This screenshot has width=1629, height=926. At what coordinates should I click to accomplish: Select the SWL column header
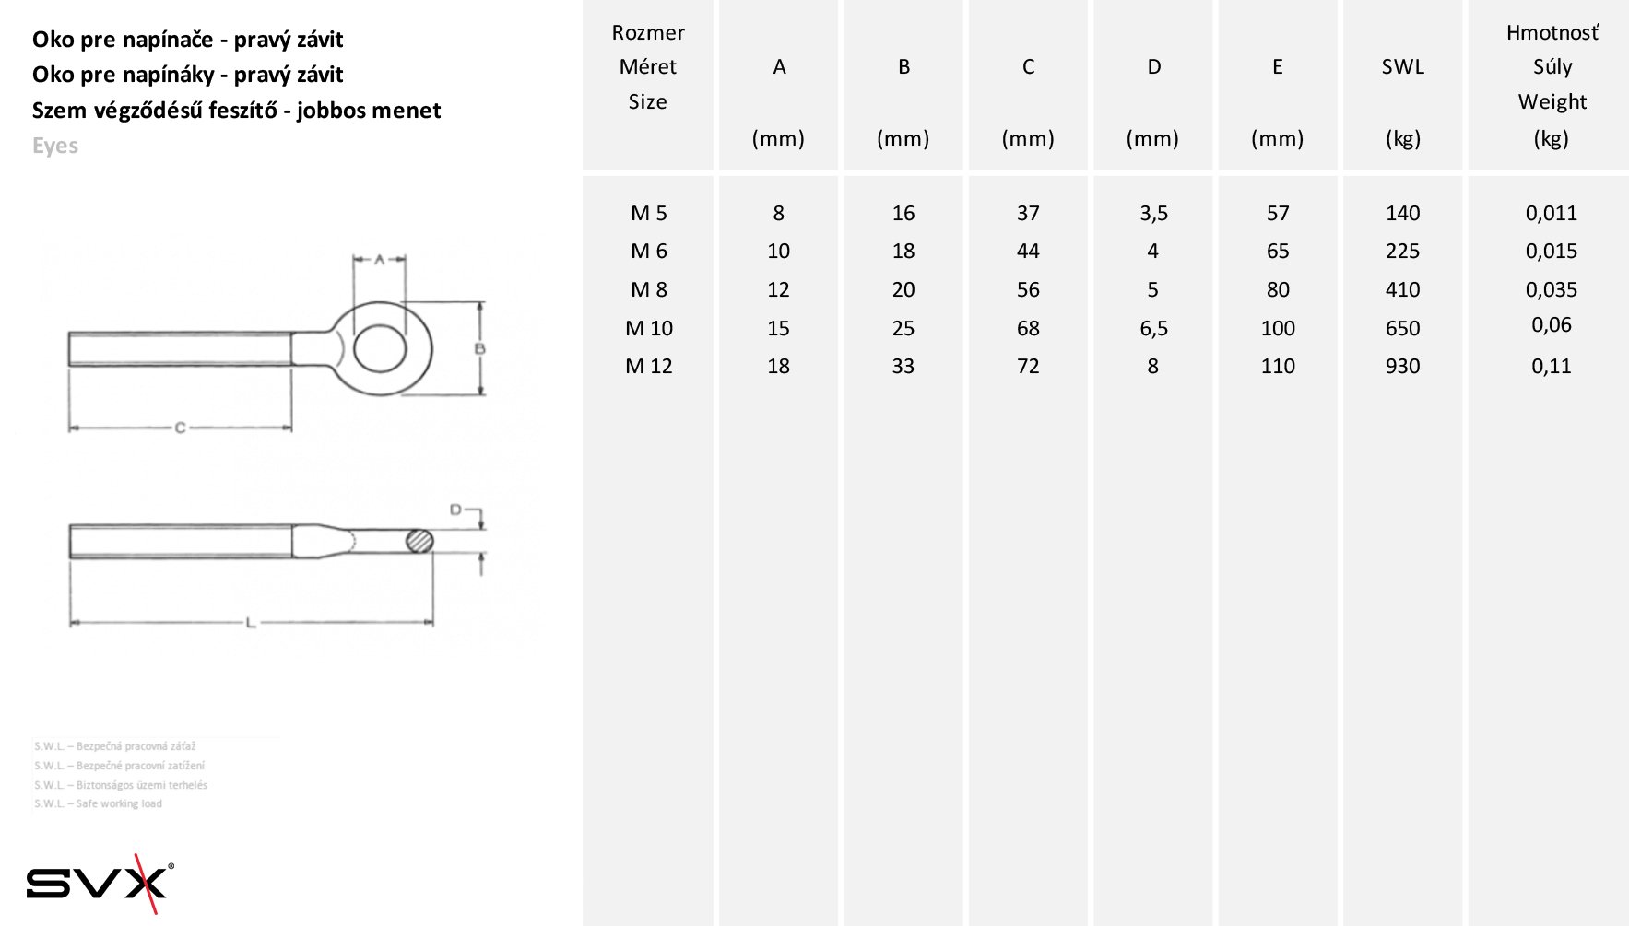tap(1402, 66)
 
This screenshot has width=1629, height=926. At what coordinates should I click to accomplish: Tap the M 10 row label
tap(649, 328)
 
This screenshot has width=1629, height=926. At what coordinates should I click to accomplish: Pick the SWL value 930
tap(1402, 366)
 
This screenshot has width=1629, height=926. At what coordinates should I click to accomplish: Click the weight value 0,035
tap(1552, 289)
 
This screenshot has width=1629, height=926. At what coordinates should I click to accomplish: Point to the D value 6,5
tap(1153, 329)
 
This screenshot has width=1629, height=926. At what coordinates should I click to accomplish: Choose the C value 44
tap(1028, 251)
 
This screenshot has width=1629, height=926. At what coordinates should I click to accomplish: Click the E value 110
tap(1278, 366)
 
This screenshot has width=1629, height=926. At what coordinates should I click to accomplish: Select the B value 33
tap(903, 366)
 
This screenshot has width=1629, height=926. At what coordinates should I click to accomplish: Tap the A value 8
tap(779, 213)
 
